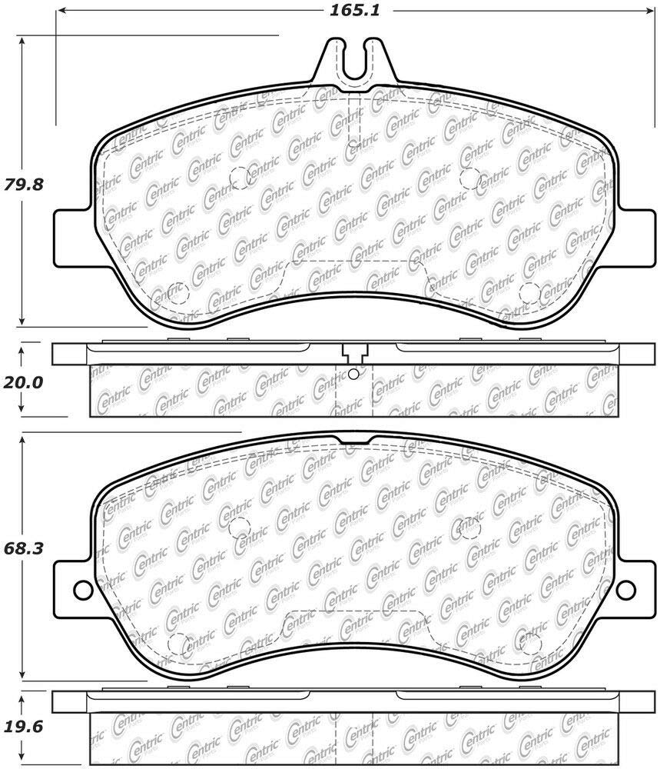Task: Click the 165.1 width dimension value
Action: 354,10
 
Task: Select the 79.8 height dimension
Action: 24,185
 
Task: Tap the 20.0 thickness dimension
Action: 24,382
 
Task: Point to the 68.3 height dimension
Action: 24,548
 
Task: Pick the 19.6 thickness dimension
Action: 24,727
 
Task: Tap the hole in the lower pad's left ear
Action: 83,589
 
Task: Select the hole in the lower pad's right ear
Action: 625,589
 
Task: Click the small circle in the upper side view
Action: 353,375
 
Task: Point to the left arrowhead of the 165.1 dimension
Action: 61,10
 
